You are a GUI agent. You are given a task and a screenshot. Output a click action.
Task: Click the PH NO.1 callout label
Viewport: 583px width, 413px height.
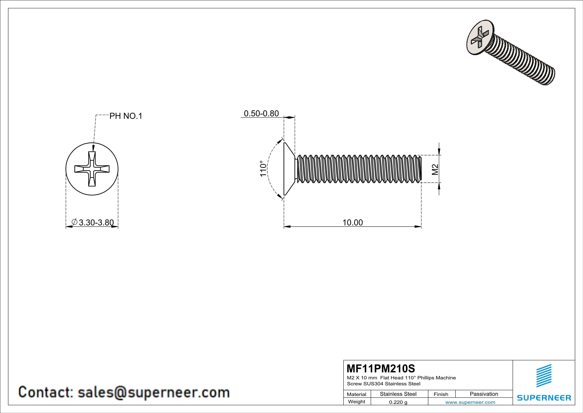tap(126, 116)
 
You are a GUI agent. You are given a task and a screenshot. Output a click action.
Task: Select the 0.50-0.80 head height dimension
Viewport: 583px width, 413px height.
tap(261, 113)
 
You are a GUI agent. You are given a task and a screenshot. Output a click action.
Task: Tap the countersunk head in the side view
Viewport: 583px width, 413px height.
tap(289, 169)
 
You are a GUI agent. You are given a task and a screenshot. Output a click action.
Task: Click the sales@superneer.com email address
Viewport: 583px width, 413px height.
tap(153, 392)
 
